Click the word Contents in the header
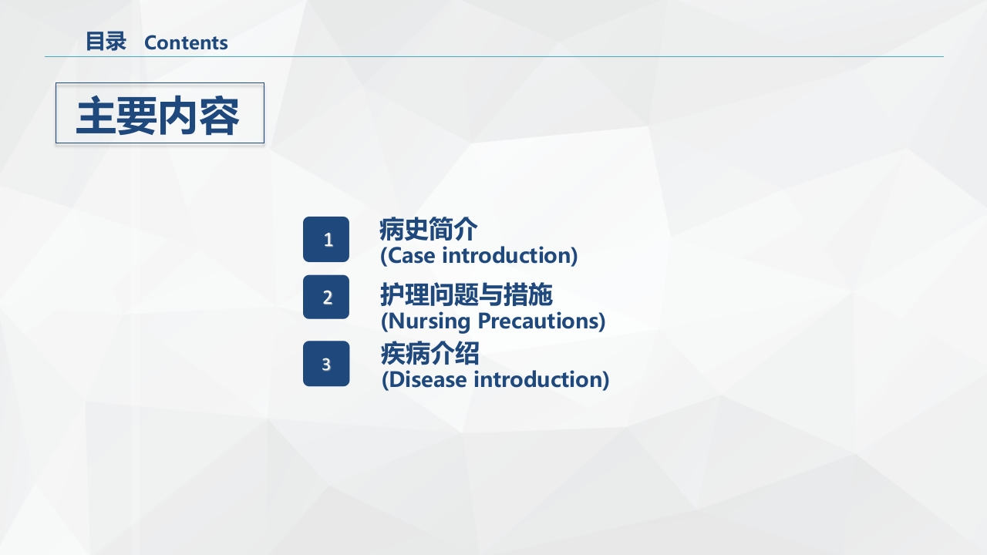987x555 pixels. point(186,42)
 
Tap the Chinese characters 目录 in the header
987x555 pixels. point(106,42)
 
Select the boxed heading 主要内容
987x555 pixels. point(159,114)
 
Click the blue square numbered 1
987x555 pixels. point(326,240)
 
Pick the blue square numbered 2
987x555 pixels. point(326,297)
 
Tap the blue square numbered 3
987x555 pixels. point(326,364)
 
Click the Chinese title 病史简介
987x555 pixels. point(428,230)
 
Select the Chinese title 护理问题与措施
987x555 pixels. point(467,295)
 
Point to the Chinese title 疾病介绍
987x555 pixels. point(429,354)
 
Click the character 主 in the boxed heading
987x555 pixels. point(96,116)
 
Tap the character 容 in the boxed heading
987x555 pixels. point(219,116)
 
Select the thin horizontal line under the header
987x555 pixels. point(493,56)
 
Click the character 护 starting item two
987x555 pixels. point(392,295)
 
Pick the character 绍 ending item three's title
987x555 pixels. point(467,354)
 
